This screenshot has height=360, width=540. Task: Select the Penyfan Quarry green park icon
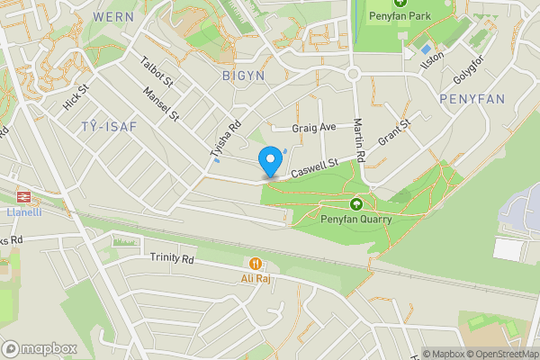point(355,204)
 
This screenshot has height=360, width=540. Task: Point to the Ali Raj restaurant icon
point(256,264)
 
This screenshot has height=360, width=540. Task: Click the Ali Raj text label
point(256,278)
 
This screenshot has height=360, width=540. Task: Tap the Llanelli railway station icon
point(22,195)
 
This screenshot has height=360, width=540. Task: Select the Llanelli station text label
point(22,211)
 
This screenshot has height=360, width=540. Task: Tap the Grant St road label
point(393,134)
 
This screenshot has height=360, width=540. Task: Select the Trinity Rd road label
point(171,258)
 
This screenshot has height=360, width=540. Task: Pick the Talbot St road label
point(157,73)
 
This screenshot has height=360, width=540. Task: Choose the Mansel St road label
point(162,103)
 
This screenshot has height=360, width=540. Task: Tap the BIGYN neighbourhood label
point(243,76)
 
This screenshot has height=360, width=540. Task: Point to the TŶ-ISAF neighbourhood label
point(108,126)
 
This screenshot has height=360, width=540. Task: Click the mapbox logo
point(40,348)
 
